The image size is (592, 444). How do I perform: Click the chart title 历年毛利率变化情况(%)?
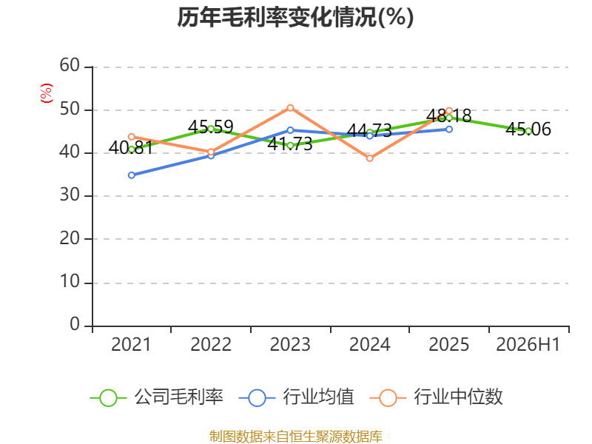(295, 17)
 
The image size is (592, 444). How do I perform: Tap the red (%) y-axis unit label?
(47, 93)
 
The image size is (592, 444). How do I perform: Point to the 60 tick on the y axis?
(70, 65)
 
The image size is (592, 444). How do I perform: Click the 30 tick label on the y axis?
(70, 195)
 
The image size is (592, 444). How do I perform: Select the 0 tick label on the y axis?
(75, 324)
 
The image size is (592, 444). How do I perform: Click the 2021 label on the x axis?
(131, 345)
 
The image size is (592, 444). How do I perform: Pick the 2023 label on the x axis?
(290, 345)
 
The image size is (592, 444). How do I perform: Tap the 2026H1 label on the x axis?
(528, 345)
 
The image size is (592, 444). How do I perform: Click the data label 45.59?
(211, 127)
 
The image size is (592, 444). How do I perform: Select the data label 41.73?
(290, 144)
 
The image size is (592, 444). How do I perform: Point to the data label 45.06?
(528, 129)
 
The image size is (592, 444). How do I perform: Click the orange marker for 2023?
(290, 108)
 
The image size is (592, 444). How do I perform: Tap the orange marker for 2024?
(369, 158)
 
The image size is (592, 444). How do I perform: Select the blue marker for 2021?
(132, 175)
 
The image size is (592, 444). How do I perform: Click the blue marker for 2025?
(449, 129)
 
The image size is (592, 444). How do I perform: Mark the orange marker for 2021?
(132, 137)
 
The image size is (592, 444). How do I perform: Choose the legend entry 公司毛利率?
(157, 397)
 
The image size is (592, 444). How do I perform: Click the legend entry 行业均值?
(297, 397)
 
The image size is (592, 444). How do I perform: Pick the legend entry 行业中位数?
(436, 397)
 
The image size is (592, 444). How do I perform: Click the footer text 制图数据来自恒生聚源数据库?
(295, 437)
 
